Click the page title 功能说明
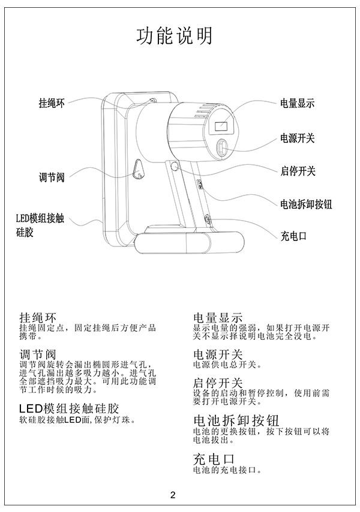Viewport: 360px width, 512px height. [x=175, y=35]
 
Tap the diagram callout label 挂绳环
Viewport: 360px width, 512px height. [x=52, y=103]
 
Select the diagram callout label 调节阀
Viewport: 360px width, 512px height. [x=52, y=177]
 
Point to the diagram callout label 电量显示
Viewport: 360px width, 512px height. [x=297, y=103]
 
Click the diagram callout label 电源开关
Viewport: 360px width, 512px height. [x=297, y=138]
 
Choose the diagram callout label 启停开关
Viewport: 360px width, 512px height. [x=298, y=171]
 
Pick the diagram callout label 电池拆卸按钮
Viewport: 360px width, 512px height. [x=306, y=204]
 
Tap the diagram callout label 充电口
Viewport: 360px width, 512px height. [x=293, y=236]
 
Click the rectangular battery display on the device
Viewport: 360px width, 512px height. [x=221, y=126]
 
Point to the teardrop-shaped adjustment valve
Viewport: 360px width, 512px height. [x=139, y=169]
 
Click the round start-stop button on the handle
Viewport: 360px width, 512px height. [x=174, y=167]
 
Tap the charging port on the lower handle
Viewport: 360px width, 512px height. [x=207, y=219]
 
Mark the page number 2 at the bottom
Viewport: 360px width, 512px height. [x=173, y=495]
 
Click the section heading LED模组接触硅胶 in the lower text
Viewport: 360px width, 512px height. [x=69, y=408]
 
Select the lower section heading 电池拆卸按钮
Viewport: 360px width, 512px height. [x=236, y=421]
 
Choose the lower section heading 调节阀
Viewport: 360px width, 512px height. [x=38, y=354]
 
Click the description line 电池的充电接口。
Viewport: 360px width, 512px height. [x=227, y=470]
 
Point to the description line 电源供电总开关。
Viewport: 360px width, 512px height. [x=227, y=365]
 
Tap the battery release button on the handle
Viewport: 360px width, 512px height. [x=200, y=184]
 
